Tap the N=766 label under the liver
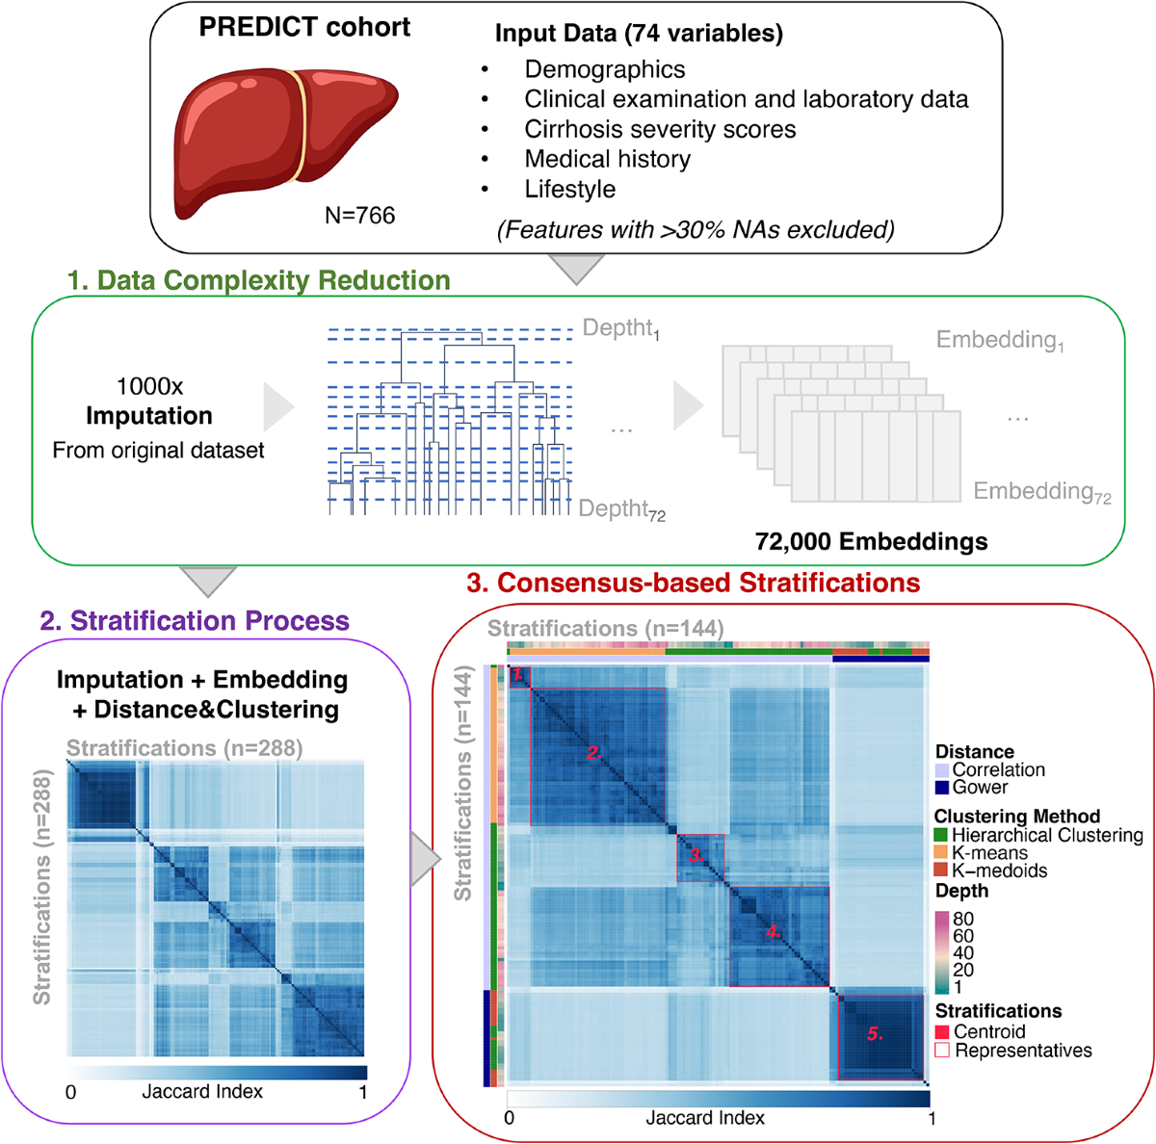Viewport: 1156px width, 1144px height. point(359,216)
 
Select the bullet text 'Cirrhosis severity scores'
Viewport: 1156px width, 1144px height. point(660,129)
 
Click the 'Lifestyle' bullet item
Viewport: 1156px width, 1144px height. point(569,189)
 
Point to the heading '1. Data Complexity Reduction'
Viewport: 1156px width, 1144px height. point(258,280)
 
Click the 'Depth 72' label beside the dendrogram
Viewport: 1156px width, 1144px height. point(622,509)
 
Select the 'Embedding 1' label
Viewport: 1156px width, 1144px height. point(1000,340)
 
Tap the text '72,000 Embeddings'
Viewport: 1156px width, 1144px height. point(871,541)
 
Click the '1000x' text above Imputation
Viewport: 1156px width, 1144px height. point(149,386)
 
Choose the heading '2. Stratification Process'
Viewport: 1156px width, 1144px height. point(195,620)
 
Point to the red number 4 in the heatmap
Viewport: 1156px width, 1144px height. point(774,931)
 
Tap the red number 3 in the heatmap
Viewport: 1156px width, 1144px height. point(696,854)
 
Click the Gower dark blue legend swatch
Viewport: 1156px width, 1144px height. point(942,788)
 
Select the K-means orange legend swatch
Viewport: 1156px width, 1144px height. point(942,853)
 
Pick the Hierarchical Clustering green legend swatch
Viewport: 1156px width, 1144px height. point(942,836)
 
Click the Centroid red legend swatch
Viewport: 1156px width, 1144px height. point(942,1031)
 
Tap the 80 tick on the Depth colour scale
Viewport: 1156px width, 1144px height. point(962,919)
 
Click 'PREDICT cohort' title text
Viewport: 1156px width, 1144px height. point(304,27)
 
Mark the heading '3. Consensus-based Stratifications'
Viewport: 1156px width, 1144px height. point(693,583)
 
